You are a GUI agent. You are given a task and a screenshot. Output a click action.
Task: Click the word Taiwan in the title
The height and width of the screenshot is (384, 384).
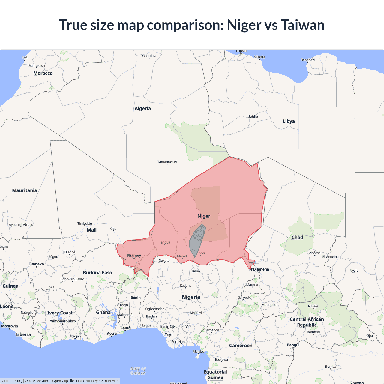coord(302,25)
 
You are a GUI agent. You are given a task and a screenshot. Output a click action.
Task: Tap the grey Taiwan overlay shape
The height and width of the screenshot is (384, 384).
coord(197,240)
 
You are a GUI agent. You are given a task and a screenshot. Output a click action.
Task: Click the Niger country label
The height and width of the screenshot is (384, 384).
coord(204,216)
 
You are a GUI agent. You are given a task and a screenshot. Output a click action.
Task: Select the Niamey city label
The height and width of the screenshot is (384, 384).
coord(134,255)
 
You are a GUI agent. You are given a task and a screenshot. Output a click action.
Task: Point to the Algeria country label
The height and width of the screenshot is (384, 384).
coord(142,108)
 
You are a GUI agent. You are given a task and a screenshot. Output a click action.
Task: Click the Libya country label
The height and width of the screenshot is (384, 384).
coord(289,121)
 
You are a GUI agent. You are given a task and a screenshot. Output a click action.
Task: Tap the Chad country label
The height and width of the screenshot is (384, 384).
coord(297,237)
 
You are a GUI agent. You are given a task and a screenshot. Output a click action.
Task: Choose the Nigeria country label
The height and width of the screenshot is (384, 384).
coord(191,297)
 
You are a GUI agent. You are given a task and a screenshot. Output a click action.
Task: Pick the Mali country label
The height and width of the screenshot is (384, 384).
coord(91,230)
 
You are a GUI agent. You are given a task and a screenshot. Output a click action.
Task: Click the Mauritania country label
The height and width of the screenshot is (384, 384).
coord(25,190)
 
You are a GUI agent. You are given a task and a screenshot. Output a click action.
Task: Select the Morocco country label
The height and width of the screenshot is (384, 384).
coord(43,73)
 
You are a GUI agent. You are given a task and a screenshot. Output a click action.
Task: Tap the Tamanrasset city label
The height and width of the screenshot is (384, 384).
coord(167,162)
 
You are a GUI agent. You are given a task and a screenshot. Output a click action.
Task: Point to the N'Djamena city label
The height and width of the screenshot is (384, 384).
coord(259,269)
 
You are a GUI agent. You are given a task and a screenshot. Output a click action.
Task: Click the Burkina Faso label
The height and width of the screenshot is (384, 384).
coord(97,273)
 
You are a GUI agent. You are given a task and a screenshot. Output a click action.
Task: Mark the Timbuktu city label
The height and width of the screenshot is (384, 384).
coord(85,223)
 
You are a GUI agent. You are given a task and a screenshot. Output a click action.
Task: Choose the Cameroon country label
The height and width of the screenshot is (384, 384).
coord(241,346)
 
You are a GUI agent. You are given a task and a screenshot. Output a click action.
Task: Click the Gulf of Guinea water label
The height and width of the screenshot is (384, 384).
coord(138,371)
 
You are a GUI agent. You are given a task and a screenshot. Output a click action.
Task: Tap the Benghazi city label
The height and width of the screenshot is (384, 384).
coord(307,60)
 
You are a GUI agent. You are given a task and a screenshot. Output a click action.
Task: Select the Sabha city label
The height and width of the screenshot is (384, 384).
coord(253,116)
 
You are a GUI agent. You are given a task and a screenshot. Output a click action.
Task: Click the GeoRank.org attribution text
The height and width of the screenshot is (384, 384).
coord(12,381)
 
